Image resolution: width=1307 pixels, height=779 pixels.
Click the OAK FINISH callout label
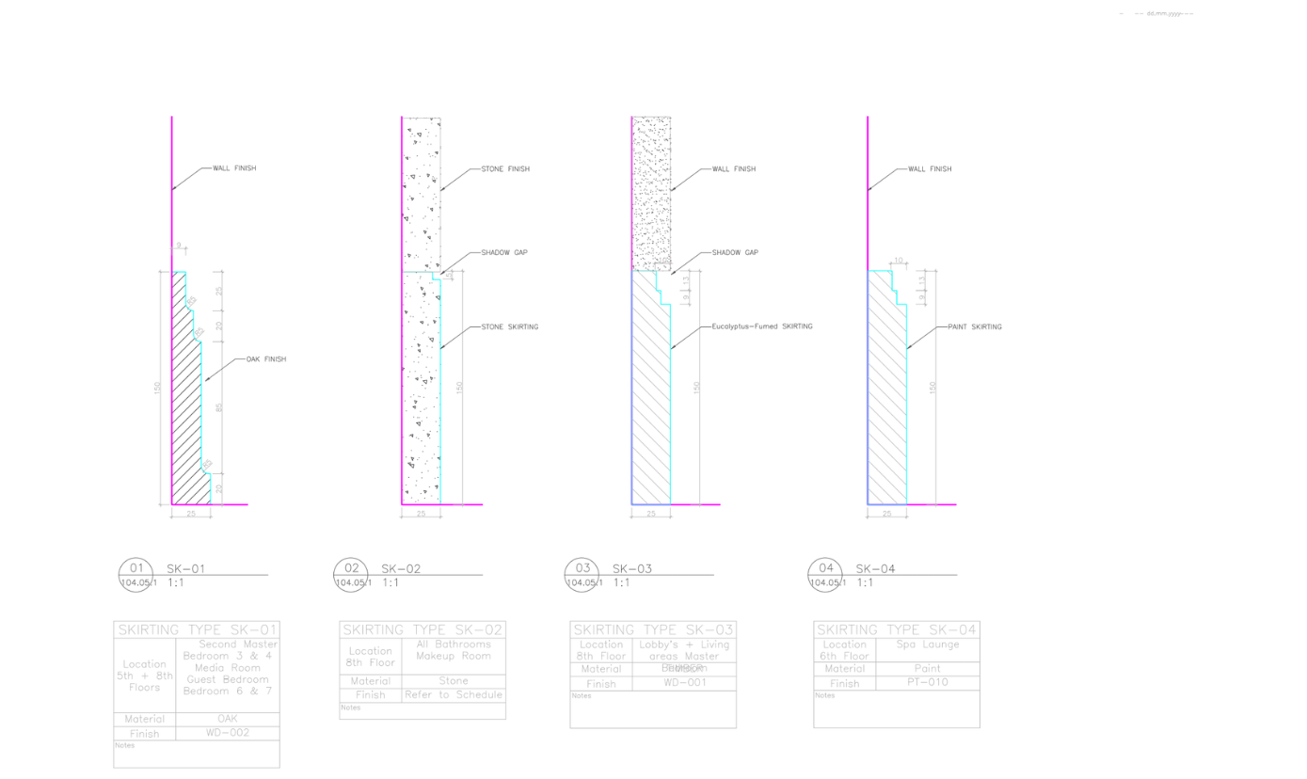point(265,359)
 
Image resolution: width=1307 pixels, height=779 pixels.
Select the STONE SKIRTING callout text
point(509,326)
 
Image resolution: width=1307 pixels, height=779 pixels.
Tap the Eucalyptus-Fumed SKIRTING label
point(761,326)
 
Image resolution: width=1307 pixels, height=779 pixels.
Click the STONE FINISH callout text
point(505,169)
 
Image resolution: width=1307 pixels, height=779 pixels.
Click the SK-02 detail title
point(400,568)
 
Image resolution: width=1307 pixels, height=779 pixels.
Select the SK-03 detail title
point(631,568)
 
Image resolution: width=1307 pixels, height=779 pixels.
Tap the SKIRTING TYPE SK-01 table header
point(197,629)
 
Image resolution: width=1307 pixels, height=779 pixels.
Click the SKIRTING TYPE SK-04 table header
point(897,629)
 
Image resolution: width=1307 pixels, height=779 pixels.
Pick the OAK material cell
point(228,719)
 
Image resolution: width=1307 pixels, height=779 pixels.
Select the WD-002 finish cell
point(228,733)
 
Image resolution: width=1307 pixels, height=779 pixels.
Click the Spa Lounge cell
point(928,644)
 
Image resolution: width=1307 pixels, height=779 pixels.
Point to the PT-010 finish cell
point(928,682)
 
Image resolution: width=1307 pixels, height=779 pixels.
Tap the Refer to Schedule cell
point(454,694)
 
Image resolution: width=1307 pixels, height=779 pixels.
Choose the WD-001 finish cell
point(685,683)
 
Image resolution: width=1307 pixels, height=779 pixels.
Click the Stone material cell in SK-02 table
point(454,680)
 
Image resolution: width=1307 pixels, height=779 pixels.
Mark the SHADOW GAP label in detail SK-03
point(735,252)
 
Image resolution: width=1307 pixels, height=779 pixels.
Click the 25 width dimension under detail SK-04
point(886,514)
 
